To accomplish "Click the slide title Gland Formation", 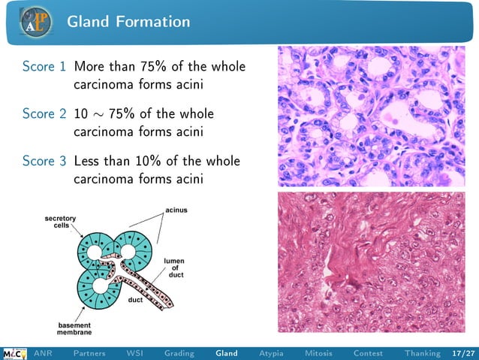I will point(128,22).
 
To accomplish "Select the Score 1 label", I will point(44,68).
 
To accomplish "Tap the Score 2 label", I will point(44,114).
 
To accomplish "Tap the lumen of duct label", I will point(174,268).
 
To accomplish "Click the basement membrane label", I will point(76,328).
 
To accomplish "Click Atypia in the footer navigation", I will point(271,353).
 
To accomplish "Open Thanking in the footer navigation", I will point(422,353).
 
